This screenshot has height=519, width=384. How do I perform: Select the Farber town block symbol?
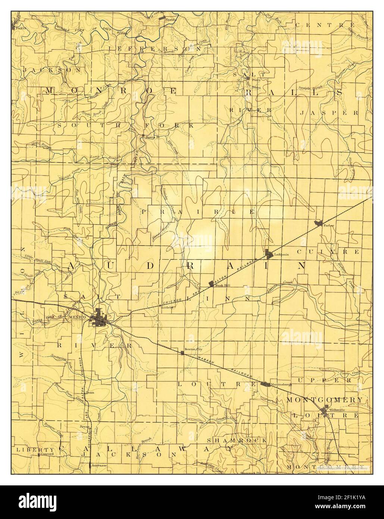point(319,223)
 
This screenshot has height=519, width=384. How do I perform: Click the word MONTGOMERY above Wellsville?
point(324,400)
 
